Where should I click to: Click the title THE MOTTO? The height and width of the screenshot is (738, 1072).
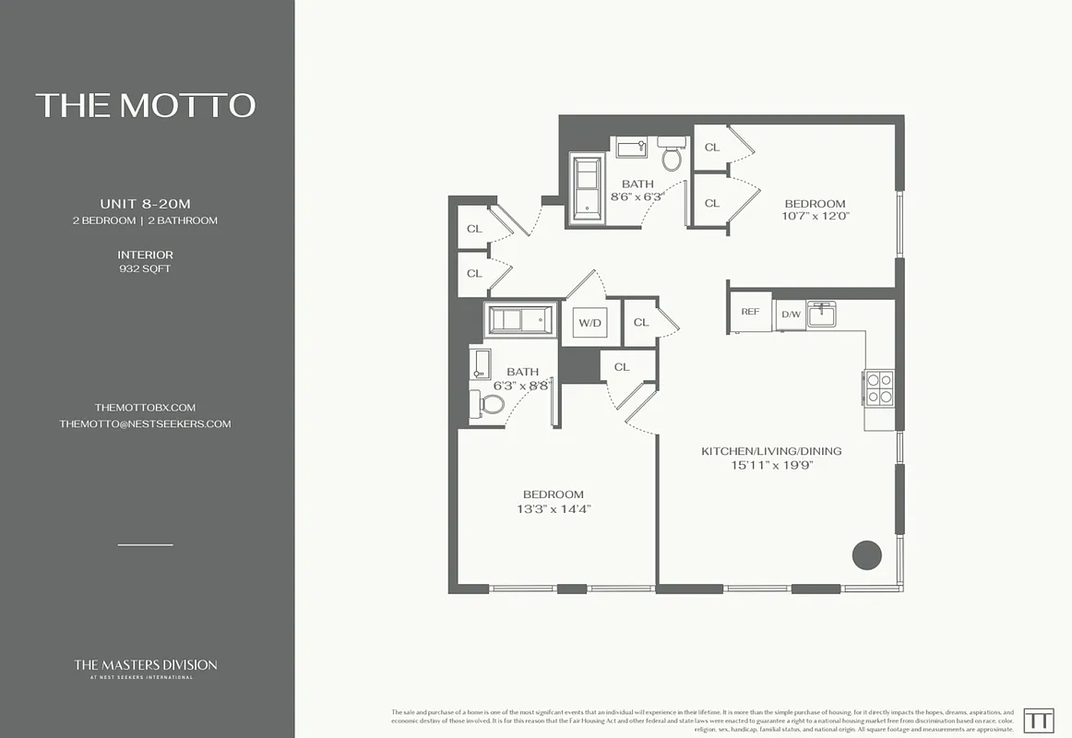click(146, 105)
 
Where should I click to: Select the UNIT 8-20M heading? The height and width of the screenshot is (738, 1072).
click(145, 203)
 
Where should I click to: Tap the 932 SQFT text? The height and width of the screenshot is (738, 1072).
click(145, 269)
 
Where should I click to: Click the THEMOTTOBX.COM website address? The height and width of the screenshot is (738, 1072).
click(145, 407)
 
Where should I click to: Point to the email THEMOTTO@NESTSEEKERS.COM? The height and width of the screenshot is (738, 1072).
click(145, 424)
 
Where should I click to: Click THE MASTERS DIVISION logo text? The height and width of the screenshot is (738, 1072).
click(146, 664)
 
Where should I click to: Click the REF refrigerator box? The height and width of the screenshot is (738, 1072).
click(750, 312)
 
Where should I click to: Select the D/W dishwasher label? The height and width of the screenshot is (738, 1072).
click(791, 315)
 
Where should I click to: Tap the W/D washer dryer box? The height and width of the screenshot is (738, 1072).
click(590, 323)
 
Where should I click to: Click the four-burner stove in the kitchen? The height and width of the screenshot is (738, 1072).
click(878, 387)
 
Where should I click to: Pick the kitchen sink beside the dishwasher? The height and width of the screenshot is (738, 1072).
click(821, 314)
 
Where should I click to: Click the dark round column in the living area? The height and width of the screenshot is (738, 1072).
click(866, 554)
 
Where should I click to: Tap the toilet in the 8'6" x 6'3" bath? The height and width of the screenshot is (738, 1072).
click(671, 157)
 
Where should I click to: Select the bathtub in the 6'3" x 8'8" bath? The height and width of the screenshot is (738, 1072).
click(521, 321)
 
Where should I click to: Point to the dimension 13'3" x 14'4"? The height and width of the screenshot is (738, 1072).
click(554, 509)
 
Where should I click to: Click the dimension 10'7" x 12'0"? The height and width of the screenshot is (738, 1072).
click(815, 216)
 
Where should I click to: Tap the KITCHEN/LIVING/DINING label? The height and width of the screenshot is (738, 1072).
click(771, 451)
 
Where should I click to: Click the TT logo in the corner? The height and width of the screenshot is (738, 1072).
click(1039, 720)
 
